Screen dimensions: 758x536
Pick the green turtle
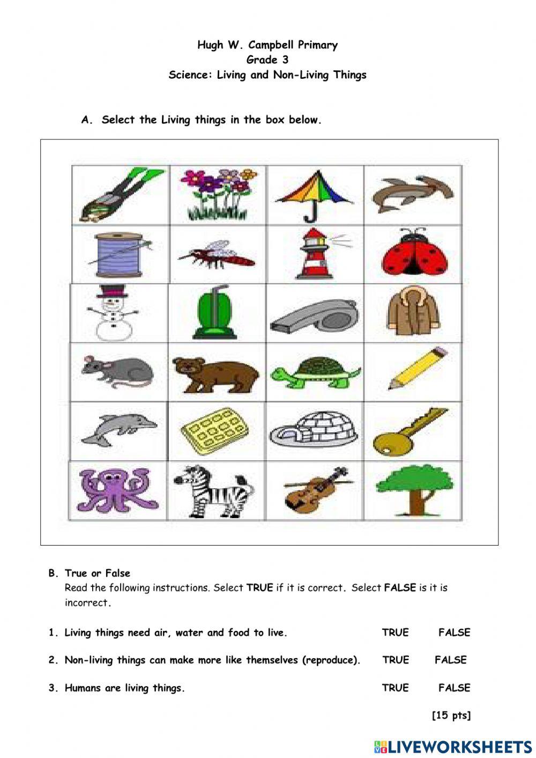(x=315, y=372)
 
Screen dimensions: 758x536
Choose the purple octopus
(x=117, y=489)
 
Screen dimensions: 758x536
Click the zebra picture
(x=213, y=490)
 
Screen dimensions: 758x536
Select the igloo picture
(x=314, y=429)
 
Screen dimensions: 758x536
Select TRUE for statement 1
(x=395, y=632)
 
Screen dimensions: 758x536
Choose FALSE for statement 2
(x=450, y=660)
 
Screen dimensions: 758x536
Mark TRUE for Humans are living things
(x=395, y=688)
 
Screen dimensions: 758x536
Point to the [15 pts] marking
(x=451, y=715)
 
